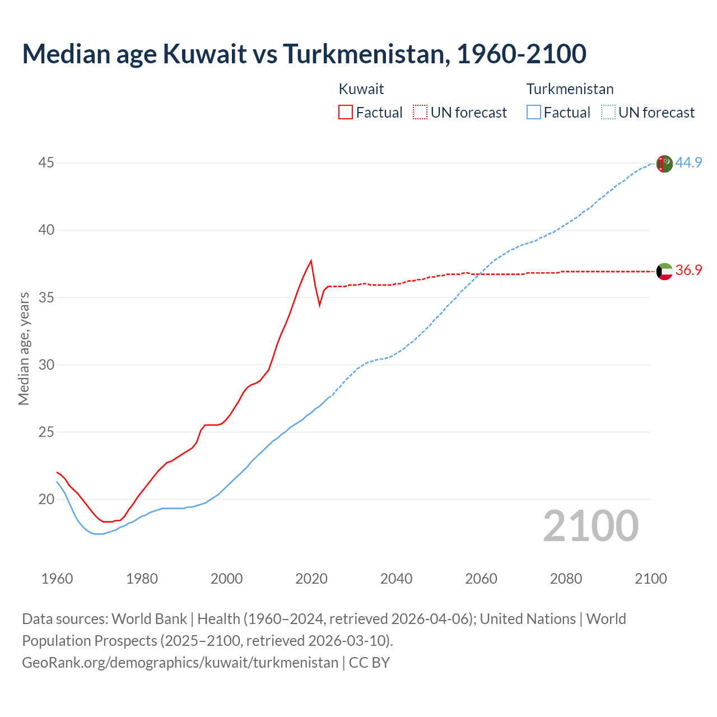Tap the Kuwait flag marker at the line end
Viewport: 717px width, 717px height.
pyautogui.click(x=664, y=272)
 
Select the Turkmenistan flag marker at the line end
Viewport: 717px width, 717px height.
pyautogui.click(x=664, y=164)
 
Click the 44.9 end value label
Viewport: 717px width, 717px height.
pyautogui.click(x=688, y=162)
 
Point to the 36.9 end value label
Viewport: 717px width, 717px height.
pyautogui.click(x=688, y=271)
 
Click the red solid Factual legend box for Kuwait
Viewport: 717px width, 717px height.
pyautogui.click(x=346, y=113)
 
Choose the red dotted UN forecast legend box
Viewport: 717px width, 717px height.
pyautogui.click(x=420, y=113)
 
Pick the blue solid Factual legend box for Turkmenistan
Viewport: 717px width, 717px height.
pyautogui.click(x=533, y=113)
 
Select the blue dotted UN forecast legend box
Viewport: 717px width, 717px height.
pyautogui.click(x=608, y=113)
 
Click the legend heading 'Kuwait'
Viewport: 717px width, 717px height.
pyautogui.click(x=361, y=89)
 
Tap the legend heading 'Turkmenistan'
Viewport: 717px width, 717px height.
pyautogui.click(x=570, y=89)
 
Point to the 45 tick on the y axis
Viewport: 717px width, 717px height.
pyautogui.click(x=46, y=163)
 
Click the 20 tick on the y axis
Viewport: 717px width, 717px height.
pyautogui.click(x=46, y=499)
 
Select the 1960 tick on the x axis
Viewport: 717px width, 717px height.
pyautogui.click(x=57, y=579)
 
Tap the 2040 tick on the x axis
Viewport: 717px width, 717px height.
pyautogui.click(x=396, y=579)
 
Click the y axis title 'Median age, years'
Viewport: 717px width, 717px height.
pyautogui.click(x=24, y=348)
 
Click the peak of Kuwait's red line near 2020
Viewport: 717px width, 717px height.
pyautogui.click(x=311, y=260)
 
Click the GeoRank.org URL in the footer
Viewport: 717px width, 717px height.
pyautogui.click(x=180, y=663)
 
